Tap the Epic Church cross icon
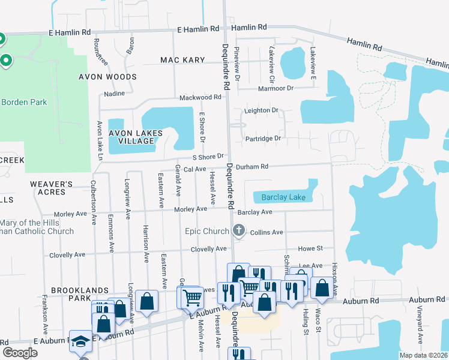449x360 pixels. click(x=239, y=230)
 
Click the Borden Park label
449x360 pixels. click(x=24, y=102)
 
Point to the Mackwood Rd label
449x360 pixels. click(x=200, y=97)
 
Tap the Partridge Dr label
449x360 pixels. click(x=263, y=139)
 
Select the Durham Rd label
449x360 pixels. click(x=251, y=166)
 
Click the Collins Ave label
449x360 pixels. click(x=266, y=232)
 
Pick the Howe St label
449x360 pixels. click(x=310, y=248)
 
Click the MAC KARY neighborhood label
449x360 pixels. click(x=183, y=60)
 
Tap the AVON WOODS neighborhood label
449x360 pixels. click(x=107, y=77)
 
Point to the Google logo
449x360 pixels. click(x=20, y=353)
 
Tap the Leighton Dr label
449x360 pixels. click(x=261, y=110)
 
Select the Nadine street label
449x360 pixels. click(x=114, y=94)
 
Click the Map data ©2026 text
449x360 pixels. click(x=424, y=355)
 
